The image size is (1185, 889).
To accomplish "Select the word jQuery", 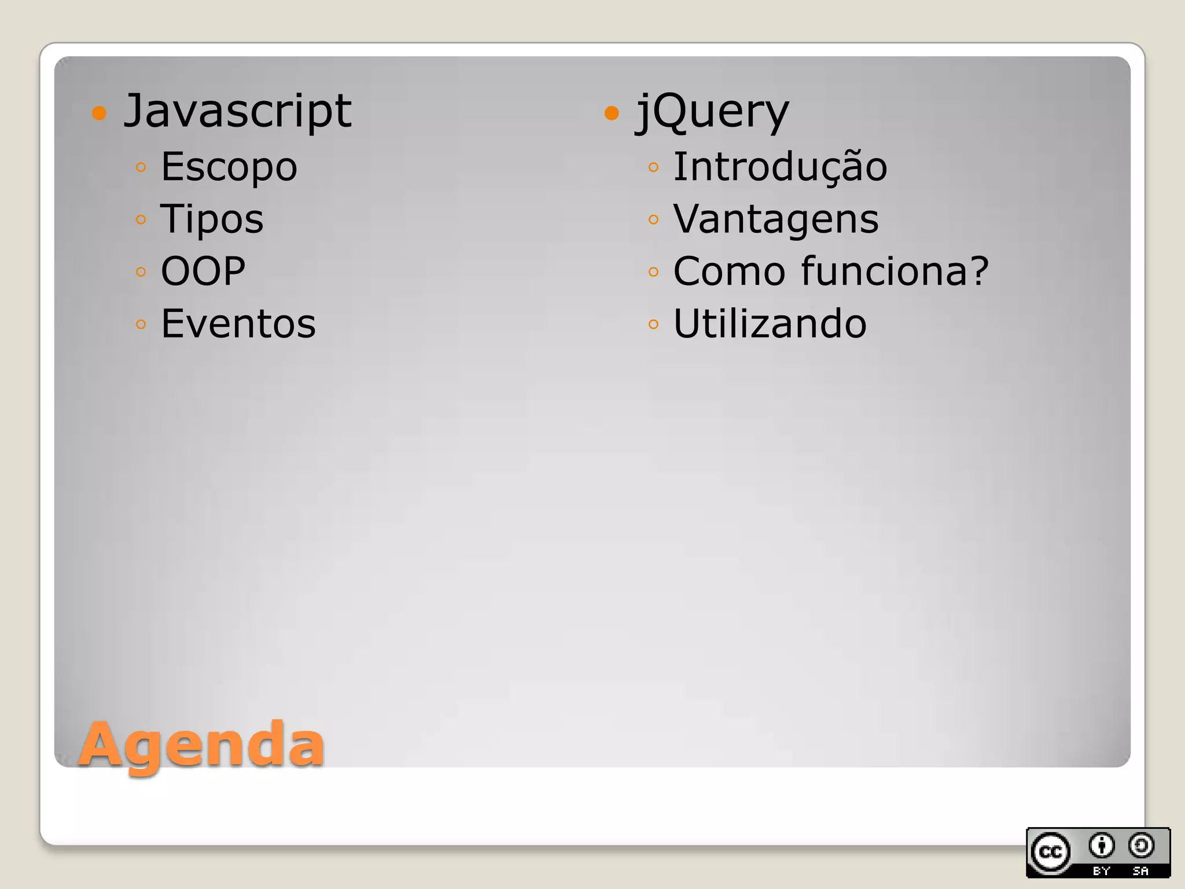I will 712,111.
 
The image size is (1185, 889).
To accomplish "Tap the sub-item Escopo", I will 229,167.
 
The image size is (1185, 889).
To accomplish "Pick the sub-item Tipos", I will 212,219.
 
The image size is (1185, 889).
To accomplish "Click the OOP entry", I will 203,271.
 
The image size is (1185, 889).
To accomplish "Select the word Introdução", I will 780,166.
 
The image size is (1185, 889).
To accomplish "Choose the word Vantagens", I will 776,219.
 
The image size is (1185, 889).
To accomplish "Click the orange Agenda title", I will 201,744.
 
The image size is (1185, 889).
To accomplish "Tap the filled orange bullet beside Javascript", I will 100,112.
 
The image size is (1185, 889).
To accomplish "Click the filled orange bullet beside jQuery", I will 612,112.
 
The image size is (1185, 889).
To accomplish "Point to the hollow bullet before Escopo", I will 141,168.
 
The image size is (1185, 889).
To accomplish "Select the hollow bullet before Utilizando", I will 653,324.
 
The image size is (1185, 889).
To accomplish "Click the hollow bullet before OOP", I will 141,272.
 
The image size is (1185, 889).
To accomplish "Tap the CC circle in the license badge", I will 1050,852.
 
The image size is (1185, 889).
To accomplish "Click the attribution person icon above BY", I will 1101,846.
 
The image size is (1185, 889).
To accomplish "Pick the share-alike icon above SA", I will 1141,846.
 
